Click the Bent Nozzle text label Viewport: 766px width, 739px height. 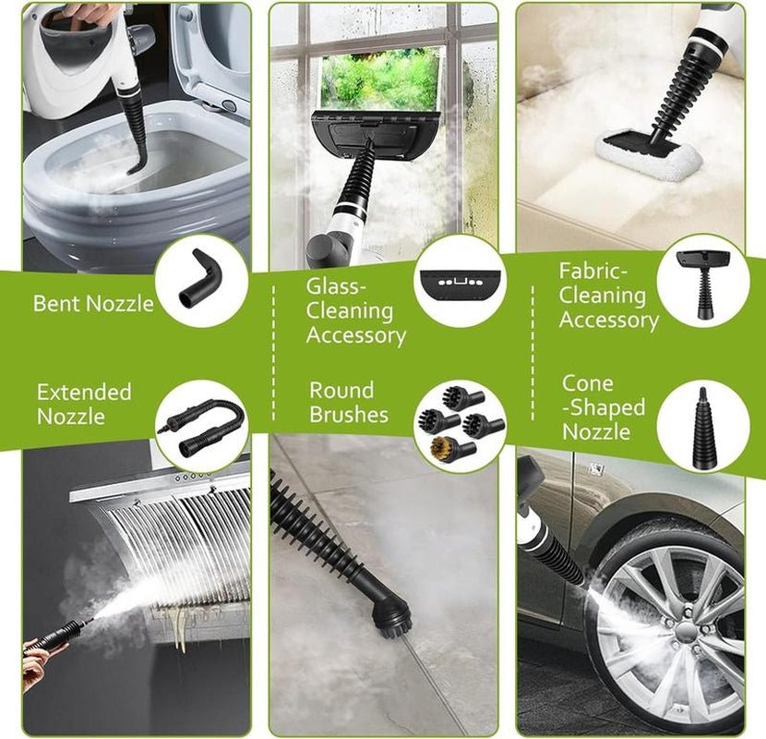pyautogui.click(x=93, y=303)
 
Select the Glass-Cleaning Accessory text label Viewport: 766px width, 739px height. pyautogui.click(x=354, y=311)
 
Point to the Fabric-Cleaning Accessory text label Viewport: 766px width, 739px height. pyautogui.click(x=607, y=296)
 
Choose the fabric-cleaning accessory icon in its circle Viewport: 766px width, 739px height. pyautogui.click(x=703, y=278)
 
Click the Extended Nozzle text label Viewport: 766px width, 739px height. pyautogui.click(x=84, y=404)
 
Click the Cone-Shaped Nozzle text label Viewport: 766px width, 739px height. pyautogui.click(x=604, y=407)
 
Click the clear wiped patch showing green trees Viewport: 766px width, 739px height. pyautogui.click(x=379, y=80)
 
